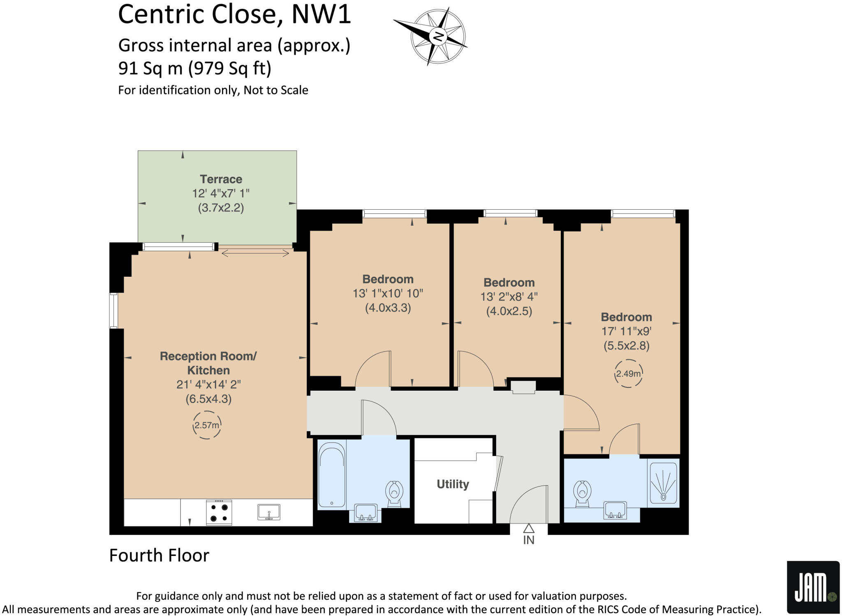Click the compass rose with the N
437,36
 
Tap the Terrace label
221,179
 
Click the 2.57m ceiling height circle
207,425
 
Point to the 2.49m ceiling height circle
628,373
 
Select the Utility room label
453,484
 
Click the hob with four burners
219,512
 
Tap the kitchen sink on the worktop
269,512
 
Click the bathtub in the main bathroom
331,475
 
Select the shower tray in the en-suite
663,483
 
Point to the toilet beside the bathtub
394,493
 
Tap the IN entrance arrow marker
529,529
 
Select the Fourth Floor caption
159,556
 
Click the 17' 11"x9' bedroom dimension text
626,331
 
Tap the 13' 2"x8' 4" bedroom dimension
509,296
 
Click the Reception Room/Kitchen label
208,363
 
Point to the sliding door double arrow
255,254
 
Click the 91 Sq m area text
194,68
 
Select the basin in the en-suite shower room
615,511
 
